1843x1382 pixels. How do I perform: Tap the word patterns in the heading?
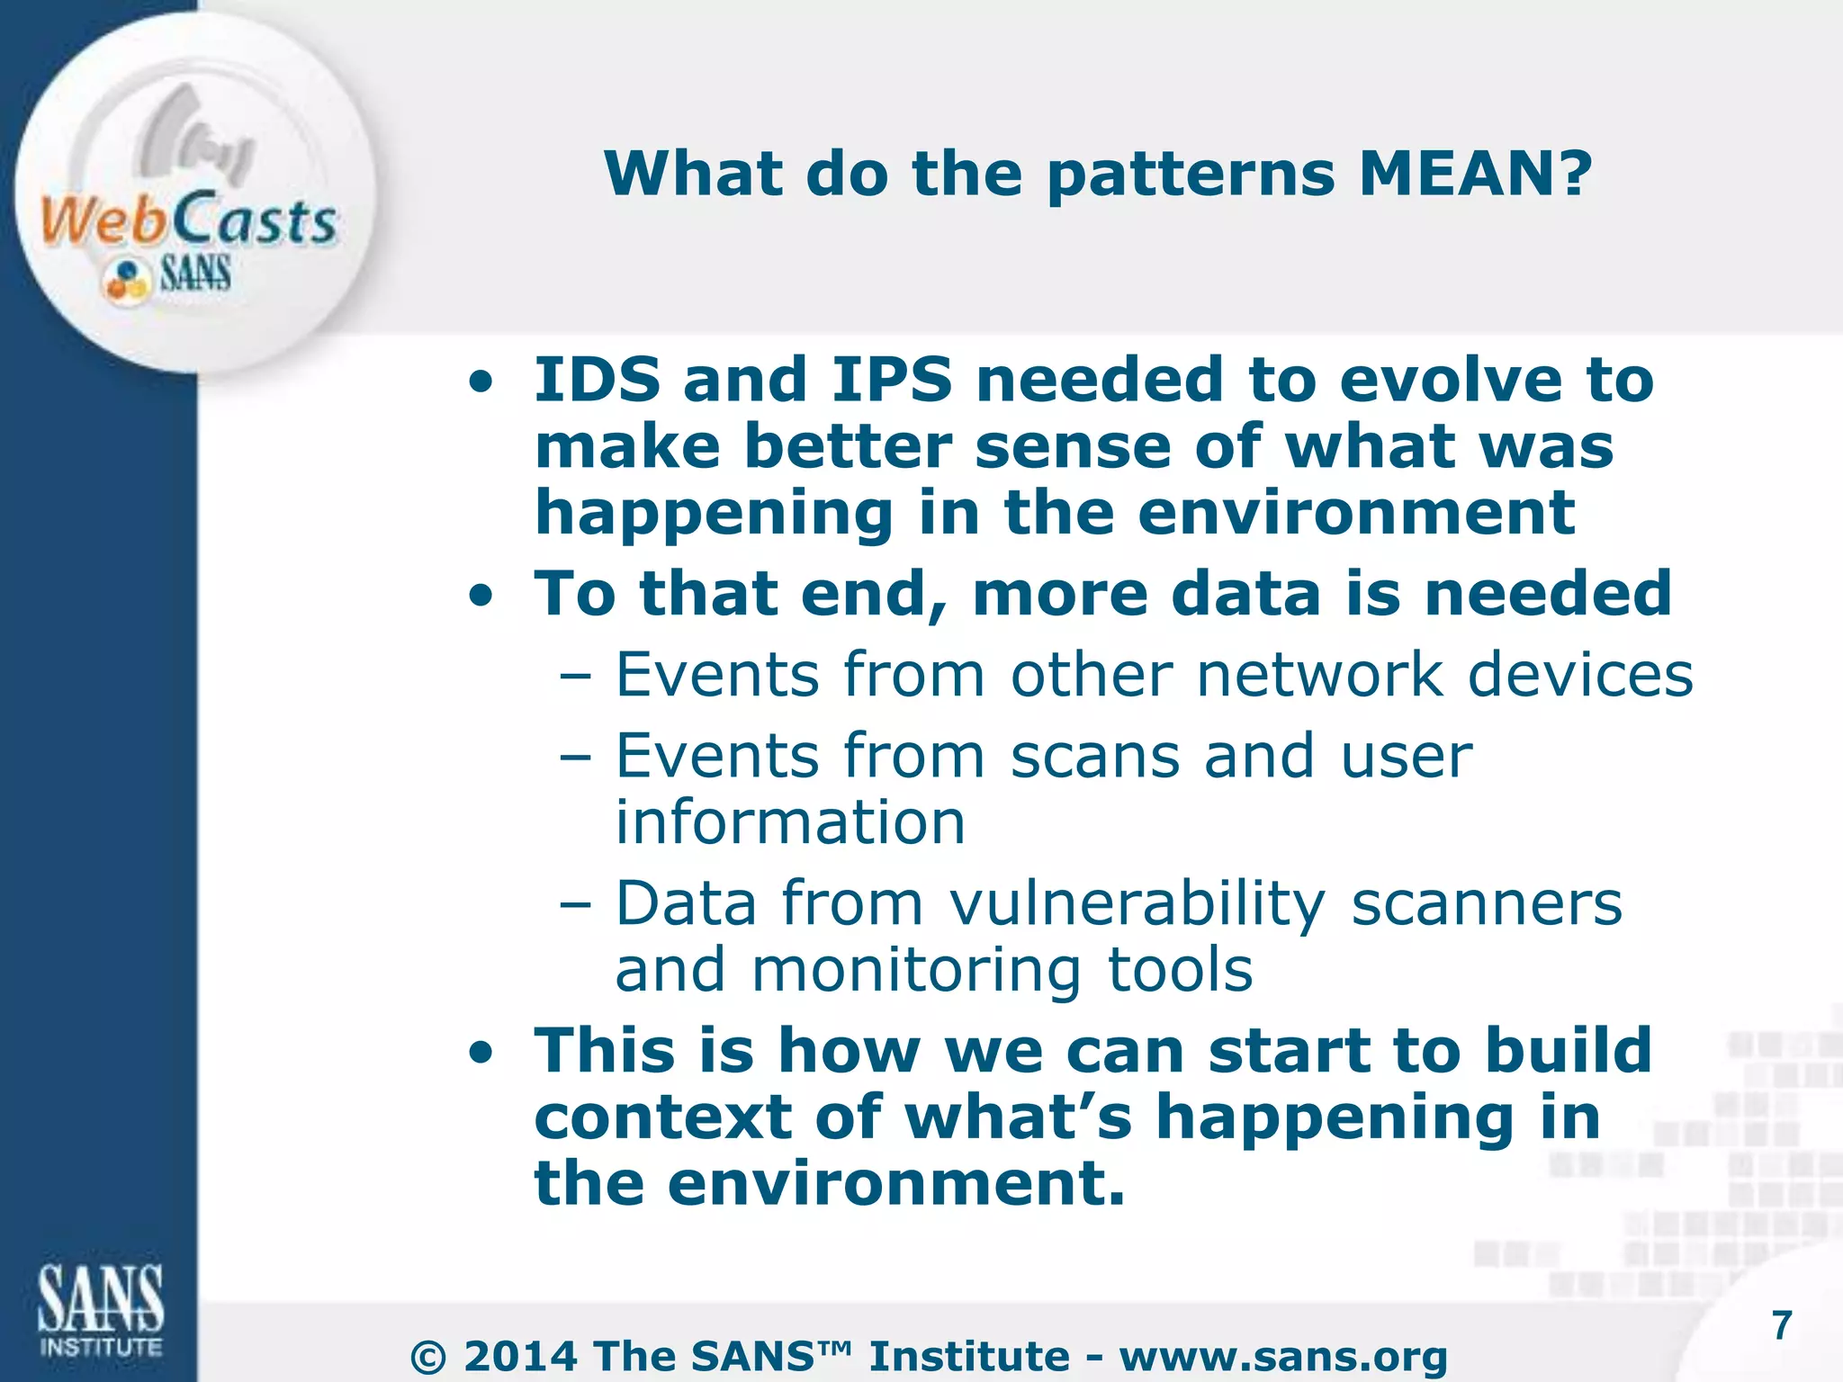coord(1191,175)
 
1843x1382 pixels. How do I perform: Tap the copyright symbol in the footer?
coord(428,1358)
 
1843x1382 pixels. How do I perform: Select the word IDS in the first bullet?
coord(598,380)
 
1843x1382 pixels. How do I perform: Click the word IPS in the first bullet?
coord(891,380)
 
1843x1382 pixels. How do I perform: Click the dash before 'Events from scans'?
coord(575,757)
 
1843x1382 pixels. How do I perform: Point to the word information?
coord(790,822)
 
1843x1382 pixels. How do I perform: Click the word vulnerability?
coord(1137,903)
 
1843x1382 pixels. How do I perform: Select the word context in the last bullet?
coord(662,1117)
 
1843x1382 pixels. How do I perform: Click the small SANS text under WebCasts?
coord(195,274)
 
